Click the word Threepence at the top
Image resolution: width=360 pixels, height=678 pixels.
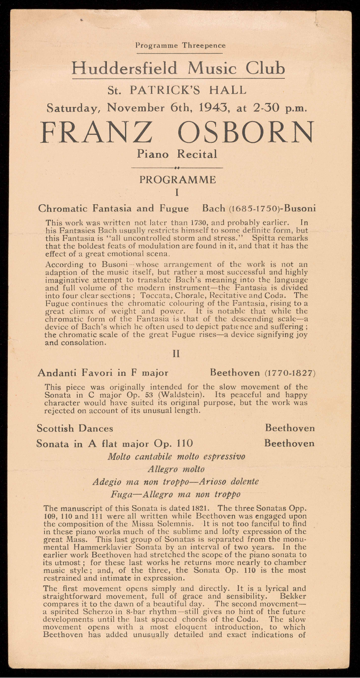(x=203, y=45)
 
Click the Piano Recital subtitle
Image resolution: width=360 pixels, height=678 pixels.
(x=177, y=154)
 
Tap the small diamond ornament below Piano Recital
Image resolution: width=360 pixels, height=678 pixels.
(x=177, y=168)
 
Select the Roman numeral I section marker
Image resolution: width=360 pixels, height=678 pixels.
(x=177, y=193)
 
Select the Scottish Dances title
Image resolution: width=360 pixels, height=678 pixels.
(x=75, y=428)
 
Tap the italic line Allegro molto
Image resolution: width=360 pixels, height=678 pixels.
(x=176, y=469)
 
